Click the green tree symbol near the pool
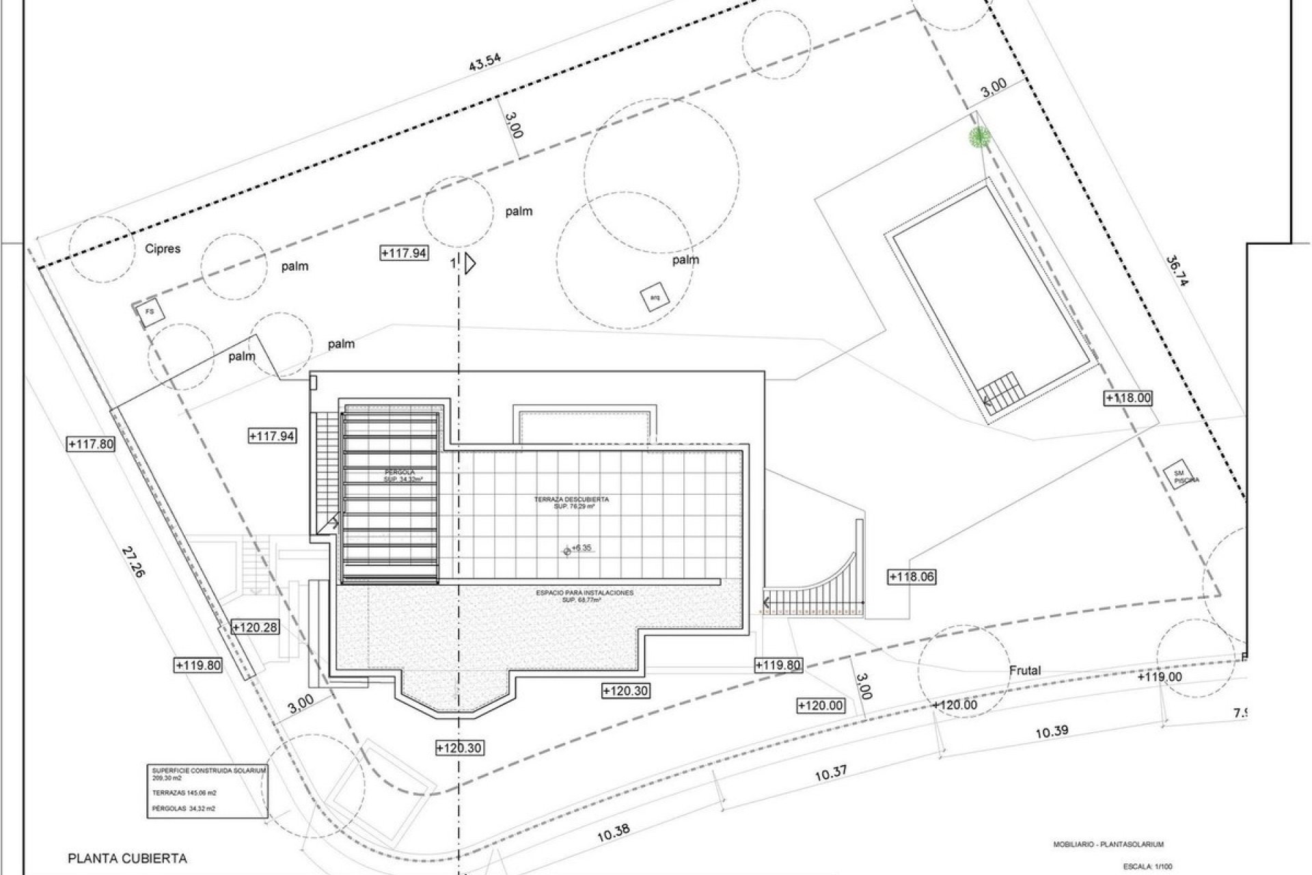click(x=980, y=137)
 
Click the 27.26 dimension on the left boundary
click(x=134, y=562)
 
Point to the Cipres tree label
click(x=163, y=249)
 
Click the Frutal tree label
click(x=1025, y=670)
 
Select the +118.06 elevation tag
click(x=911, y=577)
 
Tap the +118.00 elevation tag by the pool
click(x=1128, y=398)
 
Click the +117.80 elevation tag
click(x=91, y=444)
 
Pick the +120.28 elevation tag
click(x=255, y=627)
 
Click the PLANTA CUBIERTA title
click(x=127, y=859)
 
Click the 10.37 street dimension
click(x=831, y=774)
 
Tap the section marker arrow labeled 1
click(x=468, y=263)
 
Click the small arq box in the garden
click(x=654, y=297)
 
